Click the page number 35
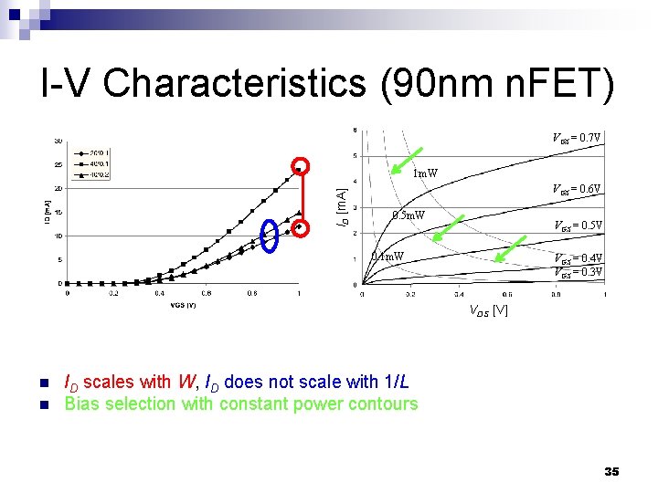point(611,471)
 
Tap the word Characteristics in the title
point(235,83)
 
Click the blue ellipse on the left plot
point(269,235)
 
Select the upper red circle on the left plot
point(301,166)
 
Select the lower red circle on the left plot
point(301,226)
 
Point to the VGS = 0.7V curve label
point(576,139)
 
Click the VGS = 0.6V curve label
point(576,190)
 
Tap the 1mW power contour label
point(425,173)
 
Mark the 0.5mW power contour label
point(409,215)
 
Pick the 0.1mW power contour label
point(387,257)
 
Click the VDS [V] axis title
point(488,311)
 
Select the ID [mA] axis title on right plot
point(341,207)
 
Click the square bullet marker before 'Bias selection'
point(43,404)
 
